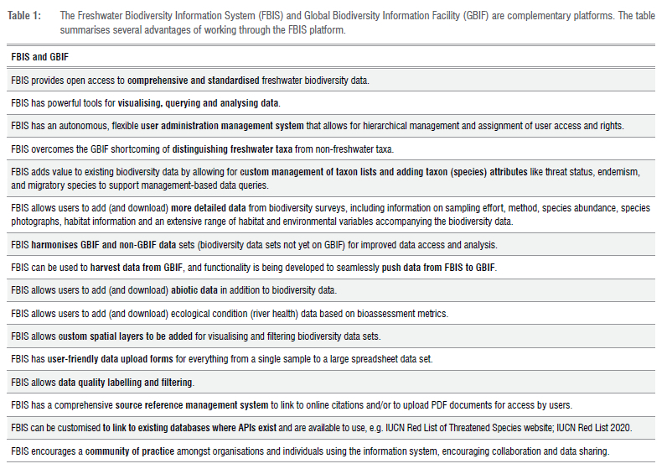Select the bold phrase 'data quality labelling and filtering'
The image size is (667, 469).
(x=126, y=382)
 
